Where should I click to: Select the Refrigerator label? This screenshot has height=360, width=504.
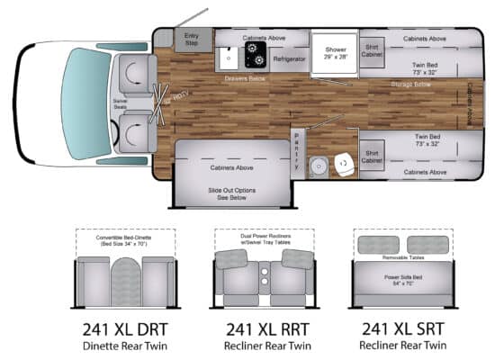point(289,58)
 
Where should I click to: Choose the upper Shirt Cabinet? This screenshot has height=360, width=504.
point(372,51)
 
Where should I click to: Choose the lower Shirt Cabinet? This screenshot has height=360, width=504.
point(372,156)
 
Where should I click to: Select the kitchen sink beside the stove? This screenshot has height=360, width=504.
point(229,58)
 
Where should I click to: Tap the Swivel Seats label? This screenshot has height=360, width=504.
point(120,103)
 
